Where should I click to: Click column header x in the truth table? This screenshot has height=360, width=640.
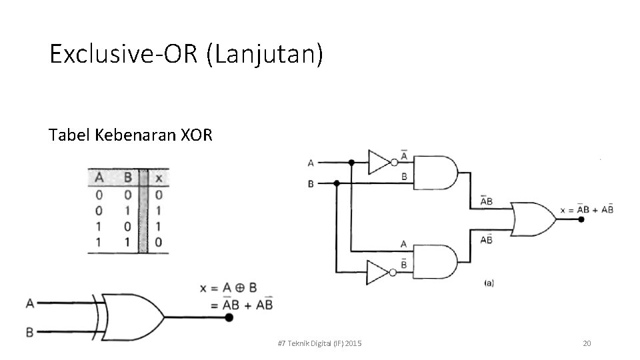[158, 179]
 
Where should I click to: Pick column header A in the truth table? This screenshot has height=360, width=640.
[99, 179]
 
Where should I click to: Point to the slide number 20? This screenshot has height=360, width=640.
[587, 343]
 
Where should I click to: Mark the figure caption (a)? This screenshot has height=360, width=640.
[489, 283]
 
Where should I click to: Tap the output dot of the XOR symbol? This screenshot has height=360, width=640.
[229, 318]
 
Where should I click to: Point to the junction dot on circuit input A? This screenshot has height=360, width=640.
[351, 162]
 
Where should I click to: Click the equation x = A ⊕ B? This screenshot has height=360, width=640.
[228, 288]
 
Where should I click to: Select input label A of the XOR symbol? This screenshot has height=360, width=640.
[29, 303]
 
